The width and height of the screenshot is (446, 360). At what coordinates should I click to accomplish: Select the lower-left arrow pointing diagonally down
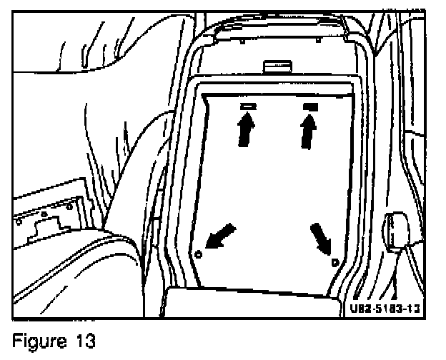(220, 235)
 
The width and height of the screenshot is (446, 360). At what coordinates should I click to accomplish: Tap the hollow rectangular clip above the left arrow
(247, 106)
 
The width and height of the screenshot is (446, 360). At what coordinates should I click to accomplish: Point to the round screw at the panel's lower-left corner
(199, 254)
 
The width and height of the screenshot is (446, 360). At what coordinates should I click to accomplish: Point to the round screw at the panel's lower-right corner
(334, 261)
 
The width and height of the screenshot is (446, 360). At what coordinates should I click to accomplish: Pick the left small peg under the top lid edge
(244, 42)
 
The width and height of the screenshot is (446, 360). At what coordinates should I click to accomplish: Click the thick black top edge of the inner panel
(278, 93)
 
